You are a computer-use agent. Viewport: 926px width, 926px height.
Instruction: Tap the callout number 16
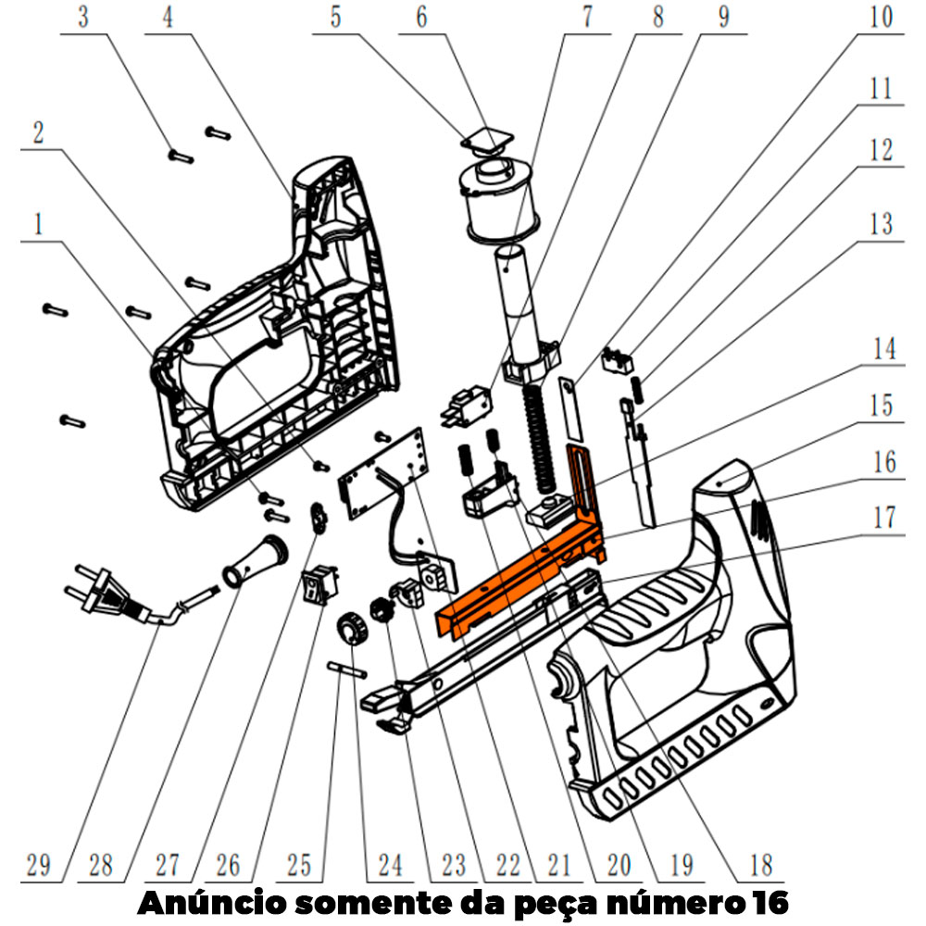point(884,462)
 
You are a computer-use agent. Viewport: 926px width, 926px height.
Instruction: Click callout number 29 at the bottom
point(38,865)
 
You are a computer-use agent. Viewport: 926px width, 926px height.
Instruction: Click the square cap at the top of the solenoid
point(488,141)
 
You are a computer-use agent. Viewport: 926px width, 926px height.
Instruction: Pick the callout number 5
point(335,18)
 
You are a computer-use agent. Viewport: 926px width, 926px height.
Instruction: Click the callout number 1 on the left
point(38,225)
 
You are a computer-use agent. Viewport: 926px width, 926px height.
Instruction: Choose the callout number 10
point(882,17)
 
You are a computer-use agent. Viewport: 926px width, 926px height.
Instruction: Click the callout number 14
point(884,349)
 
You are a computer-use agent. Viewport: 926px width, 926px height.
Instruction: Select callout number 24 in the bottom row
point(390,865)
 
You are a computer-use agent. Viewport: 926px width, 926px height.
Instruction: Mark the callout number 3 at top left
point(83,18)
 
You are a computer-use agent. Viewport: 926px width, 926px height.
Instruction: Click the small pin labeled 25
point(347,669)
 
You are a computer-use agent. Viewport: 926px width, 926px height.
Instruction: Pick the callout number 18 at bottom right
point(761,865)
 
